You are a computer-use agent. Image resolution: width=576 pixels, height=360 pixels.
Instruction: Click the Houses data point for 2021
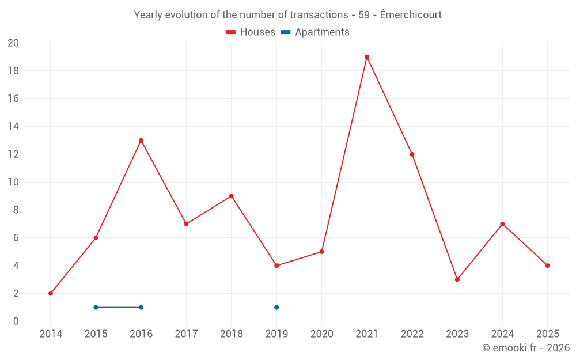pos(367,57)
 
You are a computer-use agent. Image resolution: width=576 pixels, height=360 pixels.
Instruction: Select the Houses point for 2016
pos(141,141)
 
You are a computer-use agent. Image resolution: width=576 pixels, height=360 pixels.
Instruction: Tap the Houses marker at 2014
pos(51,293)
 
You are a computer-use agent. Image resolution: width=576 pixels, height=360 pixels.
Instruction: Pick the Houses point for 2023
pos(457,279)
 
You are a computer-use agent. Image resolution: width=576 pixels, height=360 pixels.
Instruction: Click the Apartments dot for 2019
pos(276,307)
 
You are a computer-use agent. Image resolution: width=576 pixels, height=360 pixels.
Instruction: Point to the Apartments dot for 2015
pos(96,307)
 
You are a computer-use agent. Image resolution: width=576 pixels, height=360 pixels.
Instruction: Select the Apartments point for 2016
pos(141,307)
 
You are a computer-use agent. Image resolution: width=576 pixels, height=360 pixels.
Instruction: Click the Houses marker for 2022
pos(412,154)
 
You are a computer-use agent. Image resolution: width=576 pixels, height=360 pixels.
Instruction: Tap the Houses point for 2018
pos(232,196)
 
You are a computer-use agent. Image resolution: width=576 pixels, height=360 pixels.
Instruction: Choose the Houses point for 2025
pos(548,266)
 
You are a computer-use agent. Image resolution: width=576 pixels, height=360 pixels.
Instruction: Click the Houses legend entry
pos(251,32)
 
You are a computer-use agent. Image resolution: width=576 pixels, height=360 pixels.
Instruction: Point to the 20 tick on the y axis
pos(13,43)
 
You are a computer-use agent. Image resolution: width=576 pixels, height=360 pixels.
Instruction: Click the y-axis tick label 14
pos(13,127)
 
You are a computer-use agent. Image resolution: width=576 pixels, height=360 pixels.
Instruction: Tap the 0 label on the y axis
pos(16,321)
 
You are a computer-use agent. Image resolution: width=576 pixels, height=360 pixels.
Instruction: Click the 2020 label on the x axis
pos(322,334)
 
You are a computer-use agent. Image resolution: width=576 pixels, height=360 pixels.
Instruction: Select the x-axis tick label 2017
pos(186,334)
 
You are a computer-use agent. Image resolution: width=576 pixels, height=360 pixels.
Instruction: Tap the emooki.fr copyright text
pos(526,348)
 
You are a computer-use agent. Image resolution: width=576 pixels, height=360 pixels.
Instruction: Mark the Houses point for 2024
pos(502,224)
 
